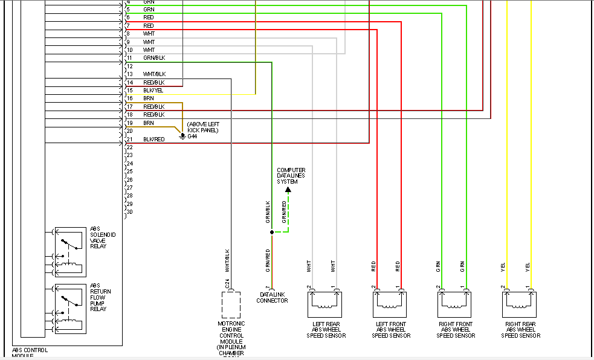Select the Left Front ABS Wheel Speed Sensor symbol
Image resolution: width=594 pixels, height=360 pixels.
point(389,304)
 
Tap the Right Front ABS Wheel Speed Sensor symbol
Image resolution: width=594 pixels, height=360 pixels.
point(454,304)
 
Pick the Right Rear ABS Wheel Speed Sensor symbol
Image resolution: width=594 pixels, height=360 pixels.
point(518,304)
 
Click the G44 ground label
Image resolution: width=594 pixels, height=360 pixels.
point(192,137)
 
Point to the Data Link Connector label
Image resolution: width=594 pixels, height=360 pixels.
point(272,297)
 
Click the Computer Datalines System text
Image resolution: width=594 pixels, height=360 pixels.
point(291,176)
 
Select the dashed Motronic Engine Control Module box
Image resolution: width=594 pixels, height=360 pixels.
point(231,304)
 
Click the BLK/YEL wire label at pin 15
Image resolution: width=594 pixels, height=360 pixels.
point(153,91)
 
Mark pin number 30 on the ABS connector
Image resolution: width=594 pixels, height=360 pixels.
point(129,211)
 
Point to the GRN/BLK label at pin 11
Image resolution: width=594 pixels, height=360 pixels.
point(154,58)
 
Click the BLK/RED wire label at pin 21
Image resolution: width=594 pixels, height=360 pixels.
point(153,140)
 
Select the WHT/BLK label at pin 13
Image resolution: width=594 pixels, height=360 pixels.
point(153,74)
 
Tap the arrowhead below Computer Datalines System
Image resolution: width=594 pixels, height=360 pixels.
point(288,190)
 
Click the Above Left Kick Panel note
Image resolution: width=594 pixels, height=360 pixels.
point(202,127)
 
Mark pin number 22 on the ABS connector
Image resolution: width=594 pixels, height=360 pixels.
point(129,147)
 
